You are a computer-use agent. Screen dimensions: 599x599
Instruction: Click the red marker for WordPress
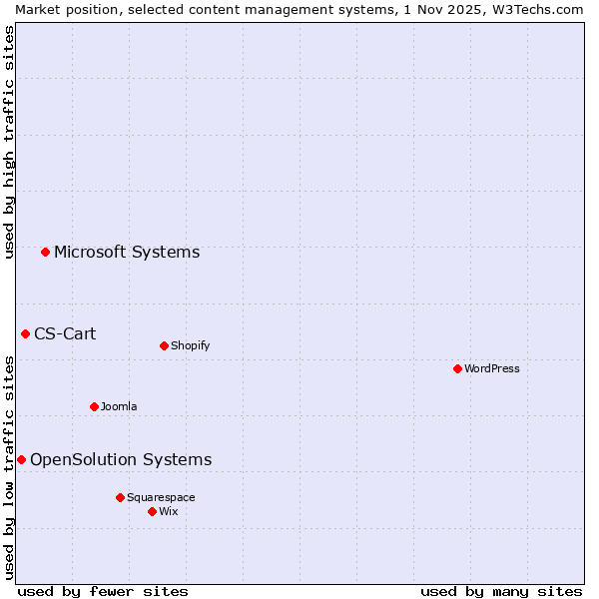(x=457, y=368)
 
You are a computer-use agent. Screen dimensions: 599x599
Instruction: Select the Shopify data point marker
(x=164, y=345)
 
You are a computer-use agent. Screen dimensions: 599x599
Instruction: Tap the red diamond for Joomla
(x=94, y=406)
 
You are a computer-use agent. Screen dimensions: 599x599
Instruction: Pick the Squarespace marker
(x=120, y=497)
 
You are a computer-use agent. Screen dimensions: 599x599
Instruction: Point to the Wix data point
(x=152, y=511)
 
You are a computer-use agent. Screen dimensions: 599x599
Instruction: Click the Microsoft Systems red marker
(x=45, y=252)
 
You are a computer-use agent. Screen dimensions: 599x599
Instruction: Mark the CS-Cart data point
(x=25, y=333)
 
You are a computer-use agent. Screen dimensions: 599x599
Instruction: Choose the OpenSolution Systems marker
(x=21, y=459)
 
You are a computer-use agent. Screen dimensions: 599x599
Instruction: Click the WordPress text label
(x=492, y=368)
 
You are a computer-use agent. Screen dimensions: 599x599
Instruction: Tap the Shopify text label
(x=190, y=345)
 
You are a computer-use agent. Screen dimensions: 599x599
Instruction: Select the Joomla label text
(x=119, y=406)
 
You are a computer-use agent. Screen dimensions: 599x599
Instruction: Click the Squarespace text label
(x=161, y=497)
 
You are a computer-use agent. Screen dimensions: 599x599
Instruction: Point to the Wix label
(x=169, y=511)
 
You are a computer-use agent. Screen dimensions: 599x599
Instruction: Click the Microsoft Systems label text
(x=127, y=252)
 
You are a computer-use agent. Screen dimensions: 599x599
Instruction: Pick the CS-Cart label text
(x=65, y=333)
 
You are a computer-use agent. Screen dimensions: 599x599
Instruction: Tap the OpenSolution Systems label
(x=121, y=459)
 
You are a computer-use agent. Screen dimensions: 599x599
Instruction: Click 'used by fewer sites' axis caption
(x=103, y=591)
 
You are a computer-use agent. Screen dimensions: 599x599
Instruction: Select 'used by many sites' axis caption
(x=501, y=591)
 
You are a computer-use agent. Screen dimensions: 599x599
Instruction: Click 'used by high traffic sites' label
(x=9, y=142)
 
